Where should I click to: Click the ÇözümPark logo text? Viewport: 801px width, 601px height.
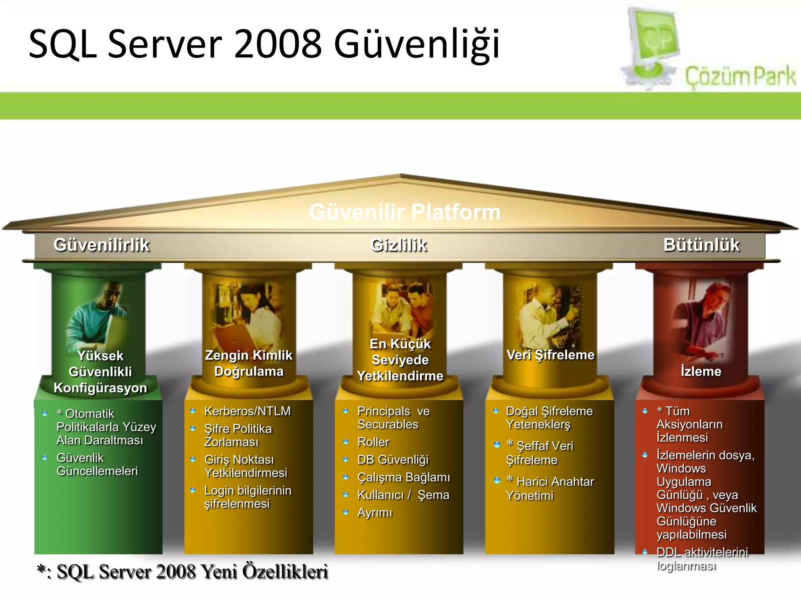740,77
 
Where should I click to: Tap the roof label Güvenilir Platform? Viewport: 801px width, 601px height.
404,212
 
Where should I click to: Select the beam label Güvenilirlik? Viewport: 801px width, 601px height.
102,245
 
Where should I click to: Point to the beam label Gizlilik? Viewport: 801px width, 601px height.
399,245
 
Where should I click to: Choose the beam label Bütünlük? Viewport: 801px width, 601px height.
701,245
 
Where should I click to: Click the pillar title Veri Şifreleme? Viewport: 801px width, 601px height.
550,355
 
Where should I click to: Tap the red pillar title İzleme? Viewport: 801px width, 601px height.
701,371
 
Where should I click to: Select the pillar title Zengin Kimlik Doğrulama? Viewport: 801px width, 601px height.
249,363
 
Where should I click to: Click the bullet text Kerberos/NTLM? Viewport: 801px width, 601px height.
248,411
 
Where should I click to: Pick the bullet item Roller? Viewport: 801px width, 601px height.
374,442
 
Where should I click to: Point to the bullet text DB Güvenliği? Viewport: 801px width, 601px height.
393,459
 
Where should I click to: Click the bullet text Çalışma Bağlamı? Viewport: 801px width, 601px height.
404,477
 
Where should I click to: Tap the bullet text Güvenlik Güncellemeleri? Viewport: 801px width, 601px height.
97,464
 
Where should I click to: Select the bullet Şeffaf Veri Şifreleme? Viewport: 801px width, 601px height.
540,453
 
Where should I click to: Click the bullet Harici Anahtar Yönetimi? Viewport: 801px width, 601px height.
550,488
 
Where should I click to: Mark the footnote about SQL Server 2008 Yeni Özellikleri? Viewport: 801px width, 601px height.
183,572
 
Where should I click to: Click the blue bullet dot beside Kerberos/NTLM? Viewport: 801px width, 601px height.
192,411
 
